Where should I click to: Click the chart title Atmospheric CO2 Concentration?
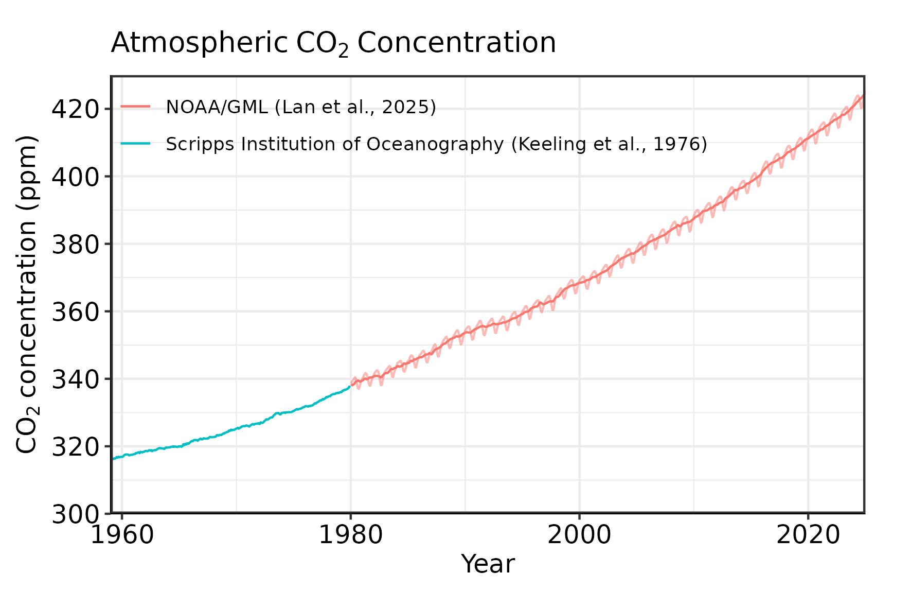pos(333,43)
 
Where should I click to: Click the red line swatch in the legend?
pos(135,107)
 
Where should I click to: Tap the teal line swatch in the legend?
pos(135,144)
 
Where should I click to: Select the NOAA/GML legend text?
pos(301,107)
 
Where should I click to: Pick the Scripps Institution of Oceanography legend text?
pos(436,144)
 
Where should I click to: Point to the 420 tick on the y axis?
pos(75,109)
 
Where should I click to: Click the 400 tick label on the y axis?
pos(75,177)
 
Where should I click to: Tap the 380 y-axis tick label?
pos(75,244)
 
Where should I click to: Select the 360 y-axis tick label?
pos(75,311)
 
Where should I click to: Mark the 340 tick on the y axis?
pos(75,379)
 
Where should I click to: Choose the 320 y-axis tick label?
pos(75,446)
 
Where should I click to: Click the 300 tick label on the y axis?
pos(75,514)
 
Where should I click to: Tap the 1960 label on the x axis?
pos(122,535)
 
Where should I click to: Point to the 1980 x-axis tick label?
pos(351,535)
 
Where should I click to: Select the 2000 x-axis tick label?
pos(579,535)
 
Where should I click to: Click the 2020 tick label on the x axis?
pos(808,535)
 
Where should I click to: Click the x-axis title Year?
pos(488,564)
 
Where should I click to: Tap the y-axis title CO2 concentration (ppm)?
pos(27,294)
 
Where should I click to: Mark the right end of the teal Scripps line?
pos(350,387)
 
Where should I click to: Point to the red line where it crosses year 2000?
pos(579,282)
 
